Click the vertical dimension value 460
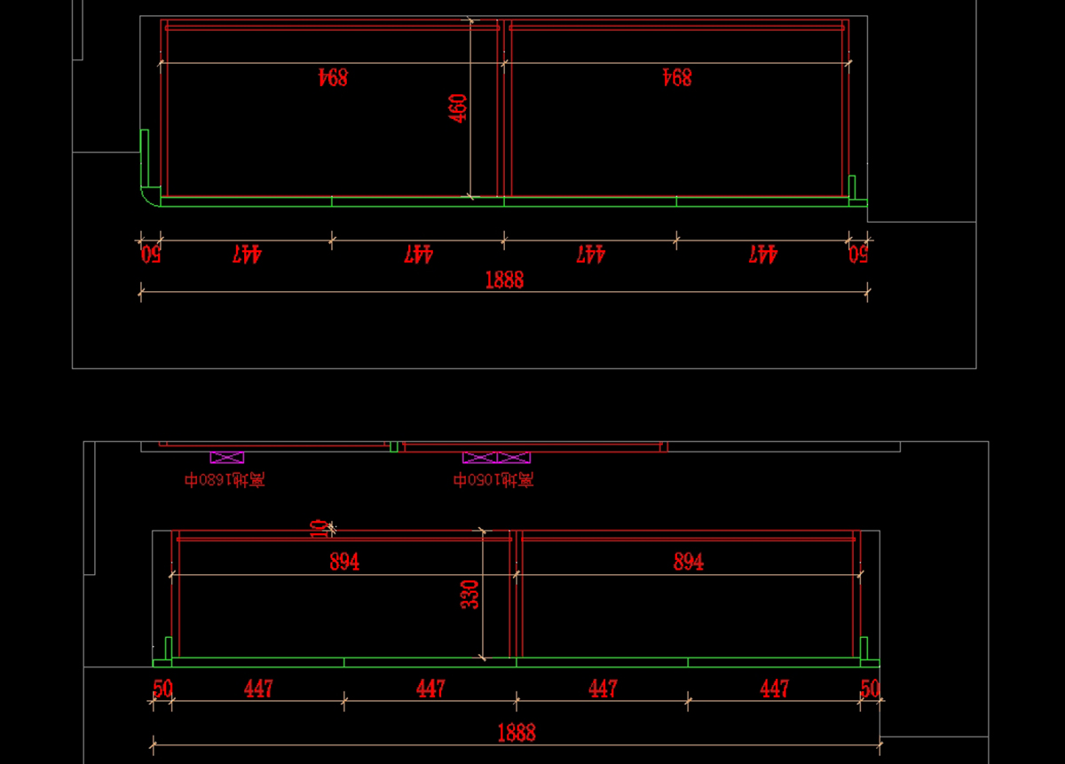click(x=458, y=108)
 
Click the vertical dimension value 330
click(x=469, y=595)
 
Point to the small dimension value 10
click(x=319, y=529)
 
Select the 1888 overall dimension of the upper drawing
click(x=504, y=280)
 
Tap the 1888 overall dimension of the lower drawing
click(x=516, y=733)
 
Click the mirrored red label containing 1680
click(x=225, y=480)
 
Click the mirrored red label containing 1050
click(x=493, y=480)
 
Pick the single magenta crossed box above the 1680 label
click(x=226, y=458)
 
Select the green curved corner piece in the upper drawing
click(x=149, y=197)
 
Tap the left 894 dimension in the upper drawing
click(x=333, y=78)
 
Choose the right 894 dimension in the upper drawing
click(x=676, y=78)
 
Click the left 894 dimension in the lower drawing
click(x=344, y=562)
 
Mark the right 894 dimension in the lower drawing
click(x=689, y=562)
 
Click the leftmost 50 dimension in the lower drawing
click(x=162, y=689)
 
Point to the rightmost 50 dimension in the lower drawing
click(x=870, y=689)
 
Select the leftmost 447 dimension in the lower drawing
click(x=258, y=689)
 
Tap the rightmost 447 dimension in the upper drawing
click(x=762, y=255)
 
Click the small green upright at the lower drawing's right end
click(x=864, y=649)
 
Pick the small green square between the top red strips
click(x=394, y=446)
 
